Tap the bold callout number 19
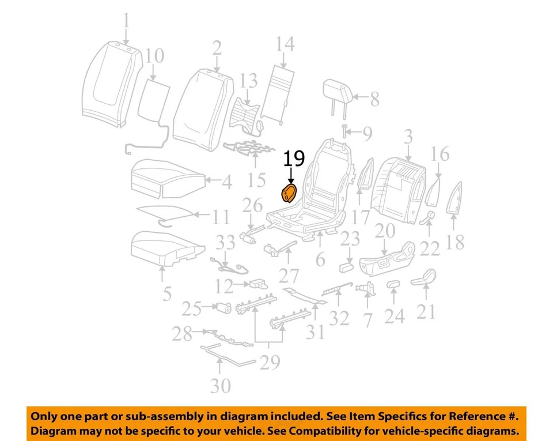pos(294,159)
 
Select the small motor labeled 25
pos(224,309)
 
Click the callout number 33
pos(226,243)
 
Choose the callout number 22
pos(430,248)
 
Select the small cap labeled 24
pos(393,284)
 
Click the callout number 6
pos(320,260)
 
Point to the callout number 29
pos(270,362)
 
